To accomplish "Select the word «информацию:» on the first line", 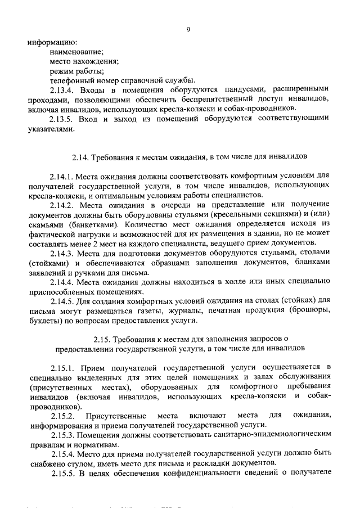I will [52, 42].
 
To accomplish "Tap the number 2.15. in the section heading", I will [103, 339].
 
